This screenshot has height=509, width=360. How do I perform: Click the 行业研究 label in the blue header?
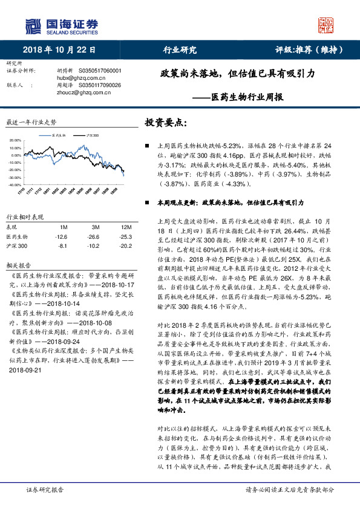180,50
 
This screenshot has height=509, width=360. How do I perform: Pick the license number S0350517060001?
100,71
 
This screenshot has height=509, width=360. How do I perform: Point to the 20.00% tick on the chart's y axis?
16,140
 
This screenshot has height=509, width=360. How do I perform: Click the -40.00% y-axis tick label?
15,184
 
